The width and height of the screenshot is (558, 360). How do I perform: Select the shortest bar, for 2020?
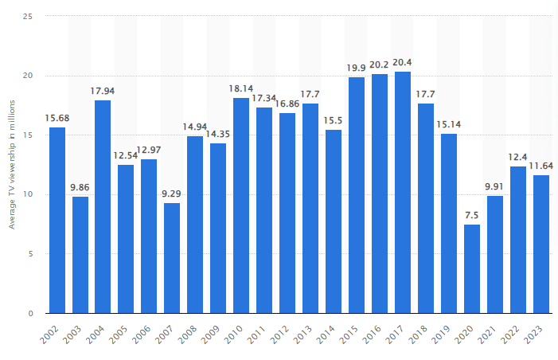472,269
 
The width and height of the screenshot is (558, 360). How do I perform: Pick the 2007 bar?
172,258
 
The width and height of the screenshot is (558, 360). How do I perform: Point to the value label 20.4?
403,63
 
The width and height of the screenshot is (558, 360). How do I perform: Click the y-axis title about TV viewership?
12,165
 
